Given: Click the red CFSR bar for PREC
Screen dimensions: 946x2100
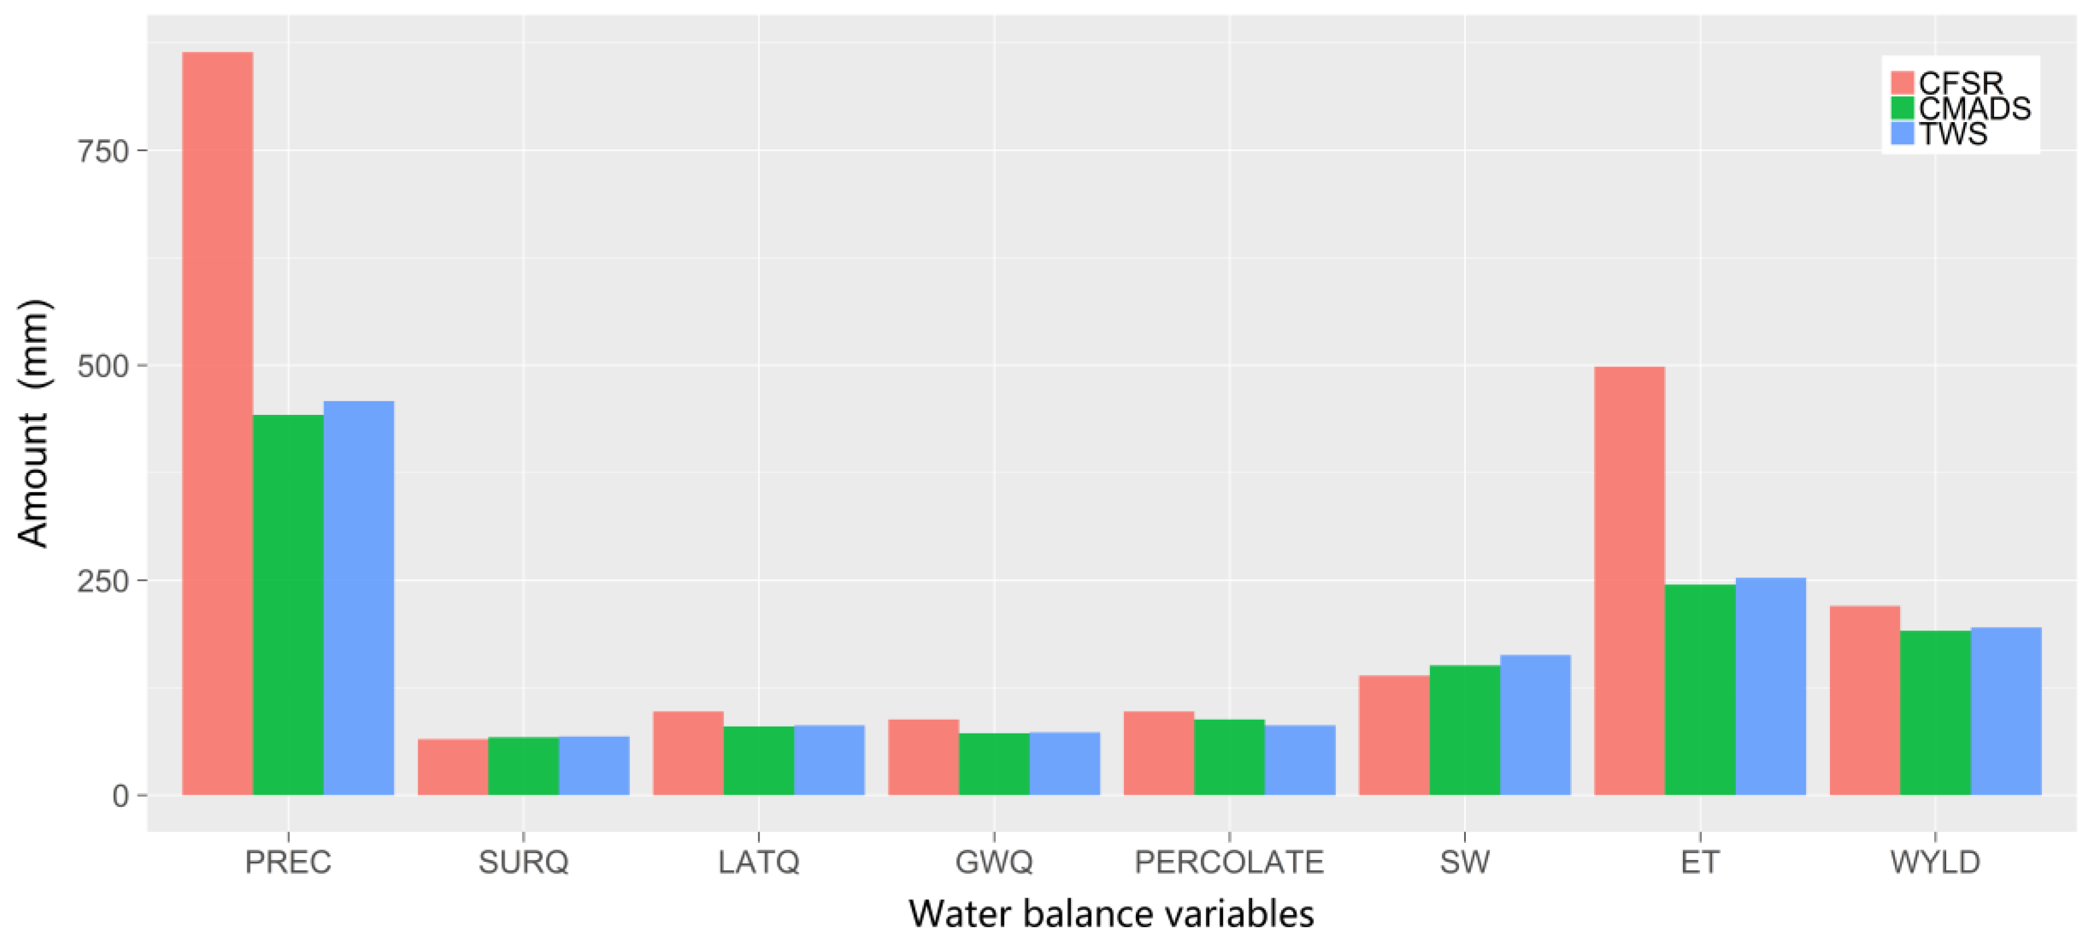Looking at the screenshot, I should point(217,424).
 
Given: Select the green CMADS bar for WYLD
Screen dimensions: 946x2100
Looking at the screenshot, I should point(1935,713).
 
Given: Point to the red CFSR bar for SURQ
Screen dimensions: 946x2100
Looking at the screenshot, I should point(452,766).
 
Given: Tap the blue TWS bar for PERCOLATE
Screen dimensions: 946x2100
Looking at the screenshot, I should point(1300,760).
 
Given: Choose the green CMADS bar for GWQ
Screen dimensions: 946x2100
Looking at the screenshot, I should point(994,764).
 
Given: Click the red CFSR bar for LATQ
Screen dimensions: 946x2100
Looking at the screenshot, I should point(688,753).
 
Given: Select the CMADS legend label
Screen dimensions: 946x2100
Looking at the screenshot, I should point(1975,108).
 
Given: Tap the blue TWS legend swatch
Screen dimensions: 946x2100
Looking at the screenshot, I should point(1902,133).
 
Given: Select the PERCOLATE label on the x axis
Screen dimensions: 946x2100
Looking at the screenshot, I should point(1228,863).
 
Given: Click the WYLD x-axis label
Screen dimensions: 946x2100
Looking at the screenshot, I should point(1935,863).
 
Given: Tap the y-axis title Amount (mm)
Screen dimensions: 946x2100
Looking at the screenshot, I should point(34,424).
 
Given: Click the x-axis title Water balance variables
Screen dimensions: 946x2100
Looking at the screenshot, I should point(1111,914).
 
